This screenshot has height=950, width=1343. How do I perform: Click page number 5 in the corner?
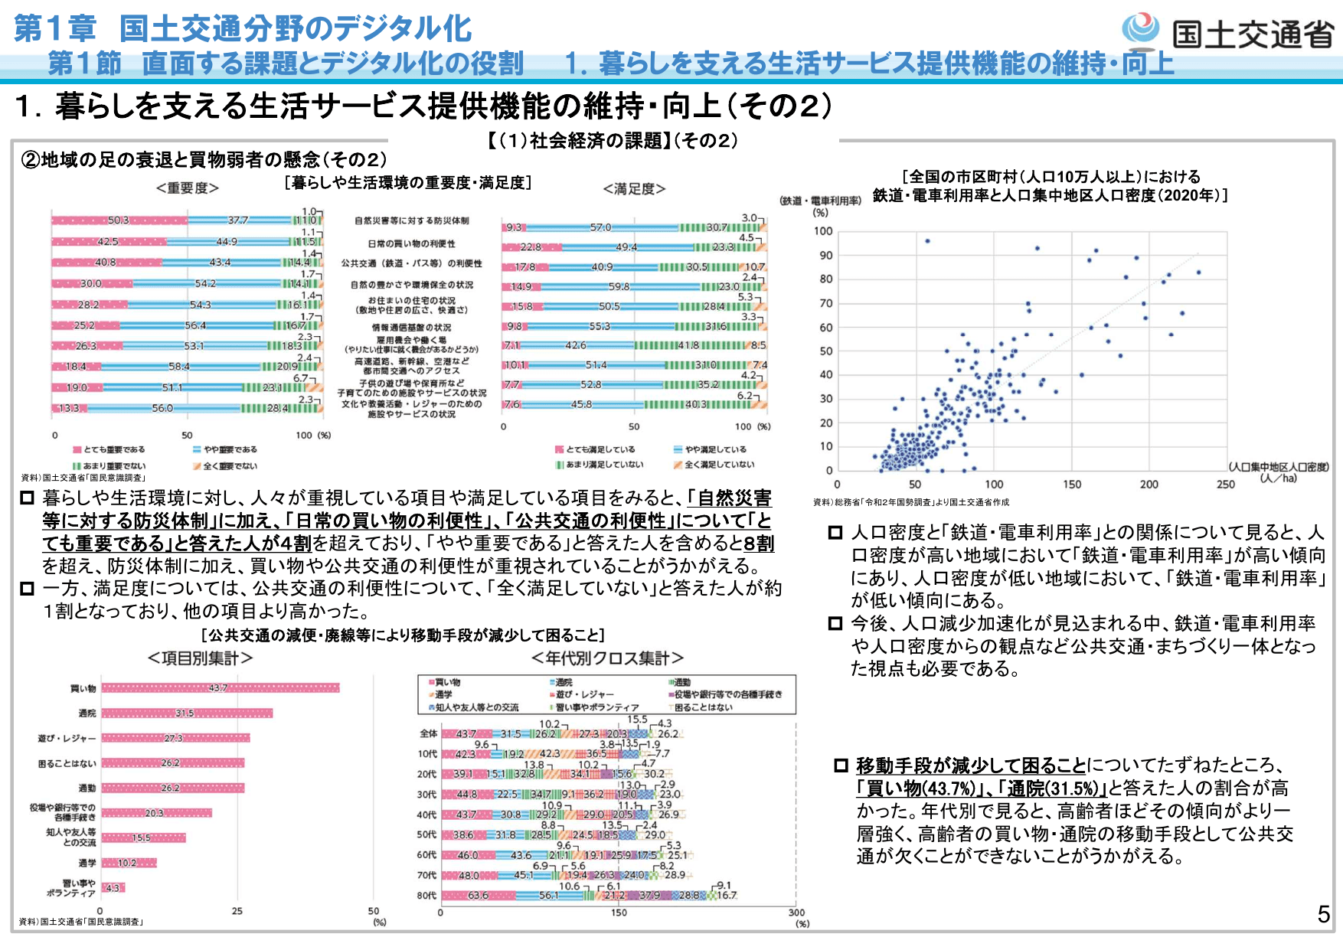tap(1323, 914)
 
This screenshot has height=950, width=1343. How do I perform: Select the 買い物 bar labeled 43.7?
tap(220, 688)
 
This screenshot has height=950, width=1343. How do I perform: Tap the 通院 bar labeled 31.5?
tap(186, 713)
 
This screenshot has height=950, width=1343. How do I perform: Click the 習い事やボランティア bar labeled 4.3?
tap(113, 888)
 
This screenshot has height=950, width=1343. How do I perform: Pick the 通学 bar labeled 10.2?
tap(129, 863)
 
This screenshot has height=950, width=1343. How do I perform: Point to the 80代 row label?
tap(426, 895)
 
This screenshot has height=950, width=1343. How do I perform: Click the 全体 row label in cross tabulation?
tap(428, 733)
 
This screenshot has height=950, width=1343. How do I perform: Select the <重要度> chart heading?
tap(188, 188)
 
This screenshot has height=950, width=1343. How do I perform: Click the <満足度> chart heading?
tap(634, 188)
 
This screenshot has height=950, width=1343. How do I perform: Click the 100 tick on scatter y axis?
tap(823, 231)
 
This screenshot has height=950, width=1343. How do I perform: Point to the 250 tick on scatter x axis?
tap(1226, 484)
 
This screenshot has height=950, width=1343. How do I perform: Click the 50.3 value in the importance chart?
tap(118, 220)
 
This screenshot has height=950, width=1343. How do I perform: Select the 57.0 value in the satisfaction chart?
tap(600, 227)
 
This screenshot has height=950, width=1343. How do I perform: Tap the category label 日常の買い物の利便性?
tap(411, 243)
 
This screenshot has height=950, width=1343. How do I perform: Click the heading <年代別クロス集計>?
tap(607, 658)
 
